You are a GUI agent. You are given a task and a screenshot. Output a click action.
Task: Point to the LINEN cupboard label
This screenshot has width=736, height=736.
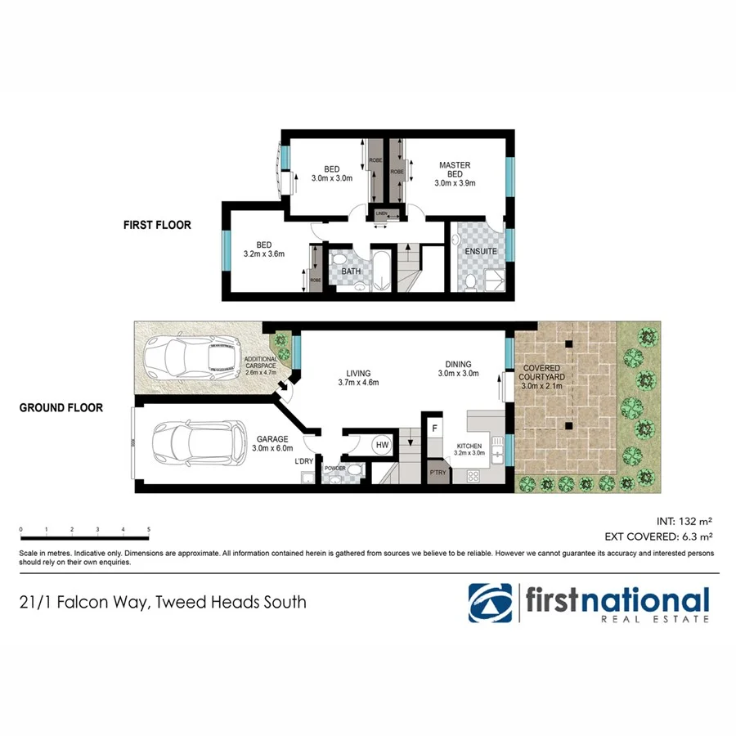click(382, 215)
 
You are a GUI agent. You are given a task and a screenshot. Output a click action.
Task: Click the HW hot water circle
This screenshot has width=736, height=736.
click(382, 446)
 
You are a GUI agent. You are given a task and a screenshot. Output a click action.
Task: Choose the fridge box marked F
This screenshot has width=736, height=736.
click(435, 428)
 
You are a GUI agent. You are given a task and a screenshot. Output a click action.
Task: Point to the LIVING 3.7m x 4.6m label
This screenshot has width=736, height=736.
click(357, 377)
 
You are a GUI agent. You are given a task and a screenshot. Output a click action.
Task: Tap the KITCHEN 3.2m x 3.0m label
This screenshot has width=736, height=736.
click(469, 449)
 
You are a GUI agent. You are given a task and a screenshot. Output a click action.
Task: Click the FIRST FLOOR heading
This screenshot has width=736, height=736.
click(157, 225)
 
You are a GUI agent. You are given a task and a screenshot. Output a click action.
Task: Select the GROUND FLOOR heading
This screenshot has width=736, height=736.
click(61, 407)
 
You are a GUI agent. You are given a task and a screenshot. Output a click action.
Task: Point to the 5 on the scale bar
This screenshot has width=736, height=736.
click(149, 530)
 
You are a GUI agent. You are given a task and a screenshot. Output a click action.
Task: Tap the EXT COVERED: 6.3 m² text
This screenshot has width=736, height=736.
click(659, 537)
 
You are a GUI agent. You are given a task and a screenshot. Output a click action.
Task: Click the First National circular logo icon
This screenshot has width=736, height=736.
click(491, 603)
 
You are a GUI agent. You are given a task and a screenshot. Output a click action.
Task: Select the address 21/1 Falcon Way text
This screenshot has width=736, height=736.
click(163, 603)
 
